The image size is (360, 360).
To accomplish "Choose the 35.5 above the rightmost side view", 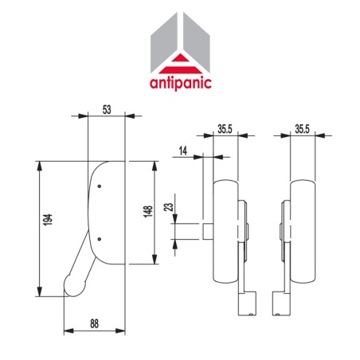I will [301, 129].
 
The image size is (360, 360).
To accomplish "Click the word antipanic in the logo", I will [182, 83].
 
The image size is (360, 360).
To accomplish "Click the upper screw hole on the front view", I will [99, 187].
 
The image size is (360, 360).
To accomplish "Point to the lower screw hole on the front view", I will [99, 237].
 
